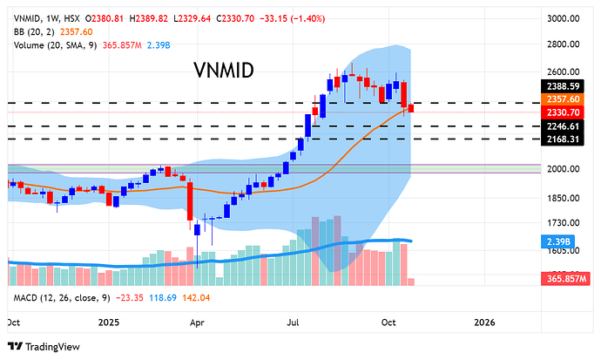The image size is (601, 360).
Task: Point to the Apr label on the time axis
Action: click(197, 322)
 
